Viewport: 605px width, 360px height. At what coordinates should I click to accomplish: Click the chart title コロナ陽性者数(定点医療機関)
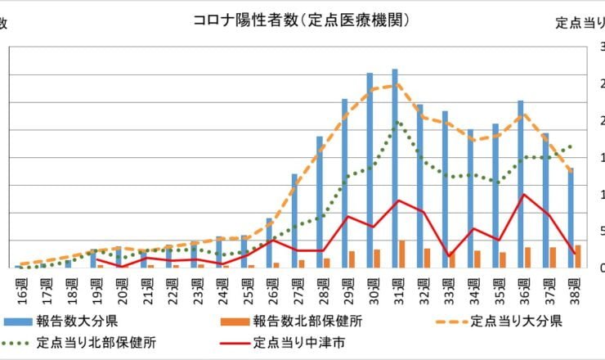coord(301,19)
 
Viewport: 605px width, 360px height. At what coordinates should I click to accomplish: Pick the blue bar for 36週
coord(520,184)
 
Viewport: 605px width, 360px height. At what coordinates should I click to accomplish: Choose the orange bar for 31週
coord(401,254)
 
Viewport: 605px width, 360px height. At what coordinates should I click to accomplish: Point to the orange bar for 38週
coord(578,256)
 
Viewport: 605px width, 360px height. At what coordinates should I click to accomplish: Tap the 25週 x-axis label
coord(244,288)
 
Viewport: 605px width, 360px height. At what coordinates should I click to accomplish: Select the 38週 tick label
coord(575,288)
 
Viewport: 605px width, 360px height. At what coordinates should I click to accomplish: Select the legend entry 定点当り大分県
coord(513,320)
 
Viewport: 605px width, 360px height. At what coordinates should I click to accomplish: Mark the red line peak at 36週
coord(523,195)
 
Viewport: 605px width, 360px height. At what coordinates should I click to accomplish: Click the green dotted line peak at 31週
coord(398,122)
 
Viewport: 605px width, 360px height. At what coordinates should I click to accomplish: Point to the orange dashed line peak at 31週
coord(398,84)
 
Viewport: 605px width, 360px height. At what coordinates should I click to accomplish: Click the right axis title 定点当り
coord(580,22)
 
